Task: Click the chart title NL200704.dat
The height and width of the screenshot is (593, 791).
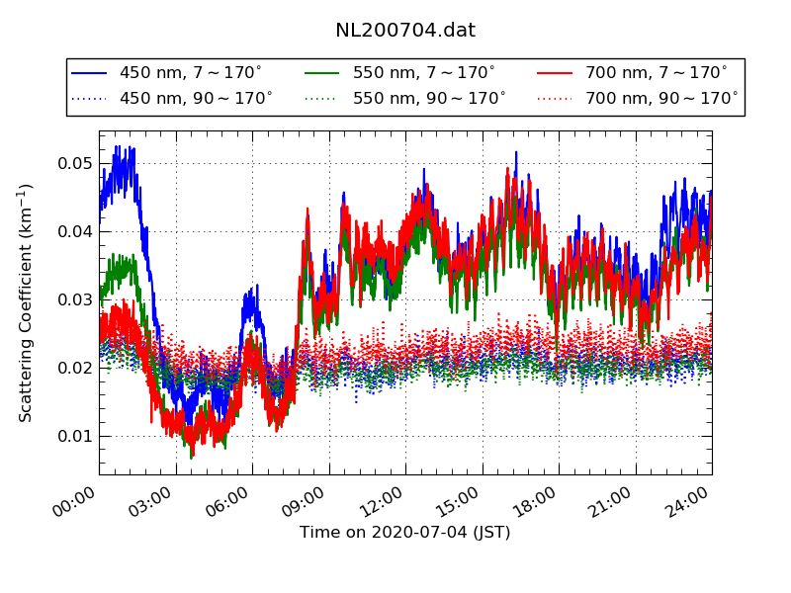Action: (405, 31)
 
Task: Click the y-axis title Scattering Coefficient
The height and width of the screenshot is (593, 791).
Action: (27, 302)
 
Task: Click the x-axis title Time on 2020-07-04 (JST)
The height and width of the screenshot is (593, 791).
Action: (405, 533)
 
